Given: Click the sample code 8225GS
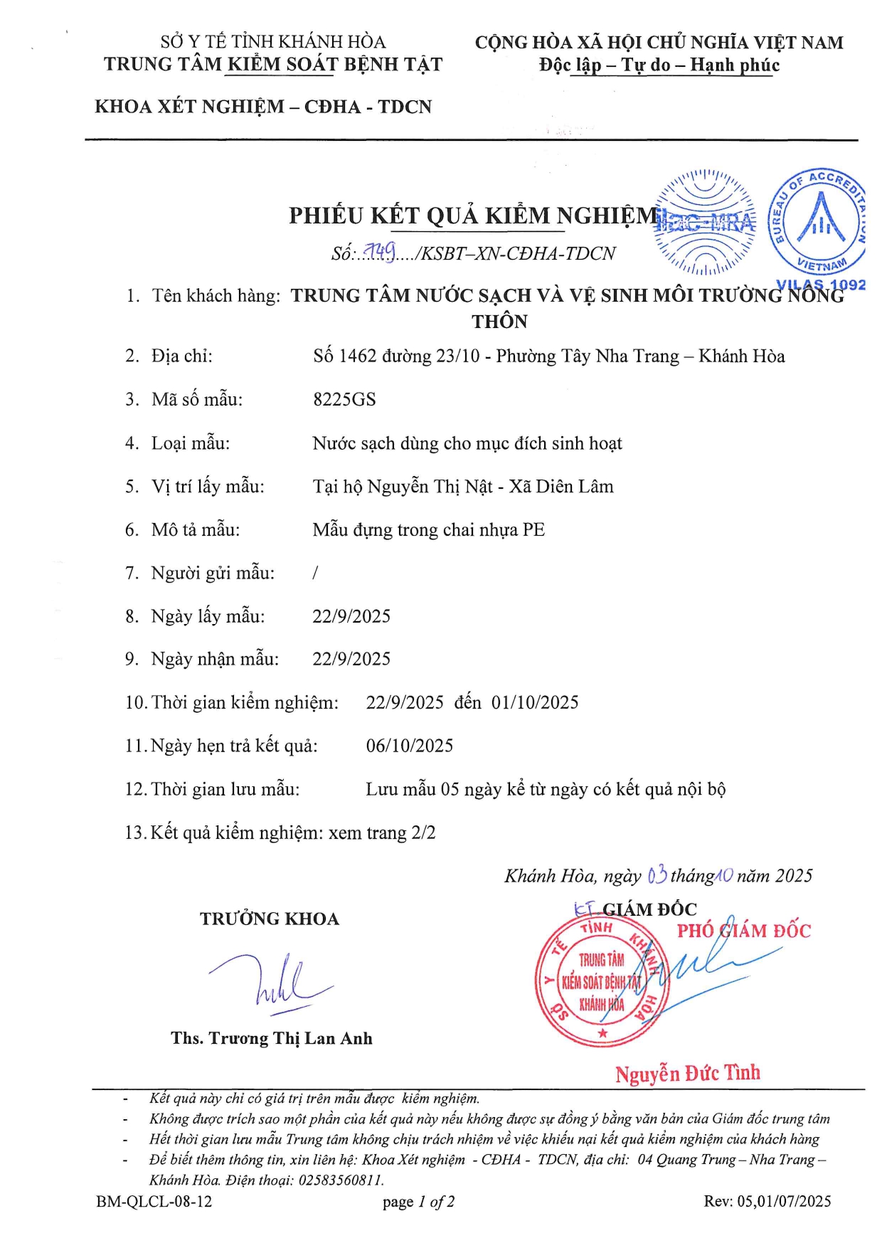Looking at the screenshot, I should (x=344, y=399).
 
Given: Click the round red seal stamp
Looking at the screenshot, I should (x=602, y=981).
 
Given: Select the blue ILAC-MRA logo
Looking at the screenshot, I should (x=705, y=223).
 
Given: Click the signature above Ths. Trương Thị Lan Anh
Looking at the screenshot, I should (x=270, y=983).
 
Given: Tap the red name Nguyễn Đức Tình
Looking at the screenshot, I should (x=687, y=1073).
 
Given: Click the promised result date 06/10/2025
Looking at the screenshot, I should (x=410, y=746).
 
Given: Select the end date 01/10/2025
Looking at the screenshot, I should (x=535, y=702).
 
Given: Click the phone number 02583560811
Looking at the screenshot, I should (x=341, y=1180).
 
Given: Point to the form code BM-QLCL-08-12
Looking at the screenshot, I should (x=154, y=1202).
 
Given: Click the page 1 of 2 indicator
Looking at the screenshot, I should (x=418, y=1202).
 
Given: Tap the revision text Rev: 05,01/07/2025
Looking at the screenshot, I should (x=767, y=1201).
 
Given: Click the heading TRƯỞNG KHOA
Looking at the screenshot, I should (x=270, y=919).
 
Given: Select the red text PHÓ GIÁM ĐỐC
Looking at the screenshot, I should (x=743, y=931).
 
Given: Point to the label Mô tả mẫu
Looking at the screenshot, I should (x=196, y=529).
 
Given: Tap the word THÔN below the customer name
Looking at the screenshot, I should (x=499, y=322).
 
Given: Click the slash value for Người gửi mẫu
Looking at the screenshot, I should (x=315, y=573).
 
